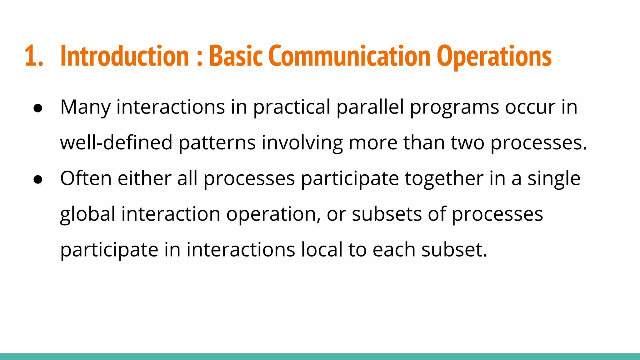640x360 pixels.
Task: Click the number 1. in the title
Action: [33, 56]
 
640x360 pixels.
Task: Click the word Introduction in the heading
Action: [124, 56]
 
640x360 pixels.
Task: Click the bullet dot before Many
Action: [38, 108]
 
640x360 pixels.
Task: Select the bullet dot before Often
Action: [38, 179]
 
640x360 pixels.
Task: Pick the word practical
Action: [292, 107]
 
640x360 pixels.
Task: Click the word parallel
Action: [370, 107]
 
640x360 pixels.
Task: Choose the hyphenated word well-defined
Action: [116, 143]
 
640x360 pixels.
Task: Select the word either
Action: [144, 178]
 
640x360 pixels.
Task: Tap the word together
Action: [444, 179]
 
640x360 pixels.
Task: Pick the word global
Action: [87, 215]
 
